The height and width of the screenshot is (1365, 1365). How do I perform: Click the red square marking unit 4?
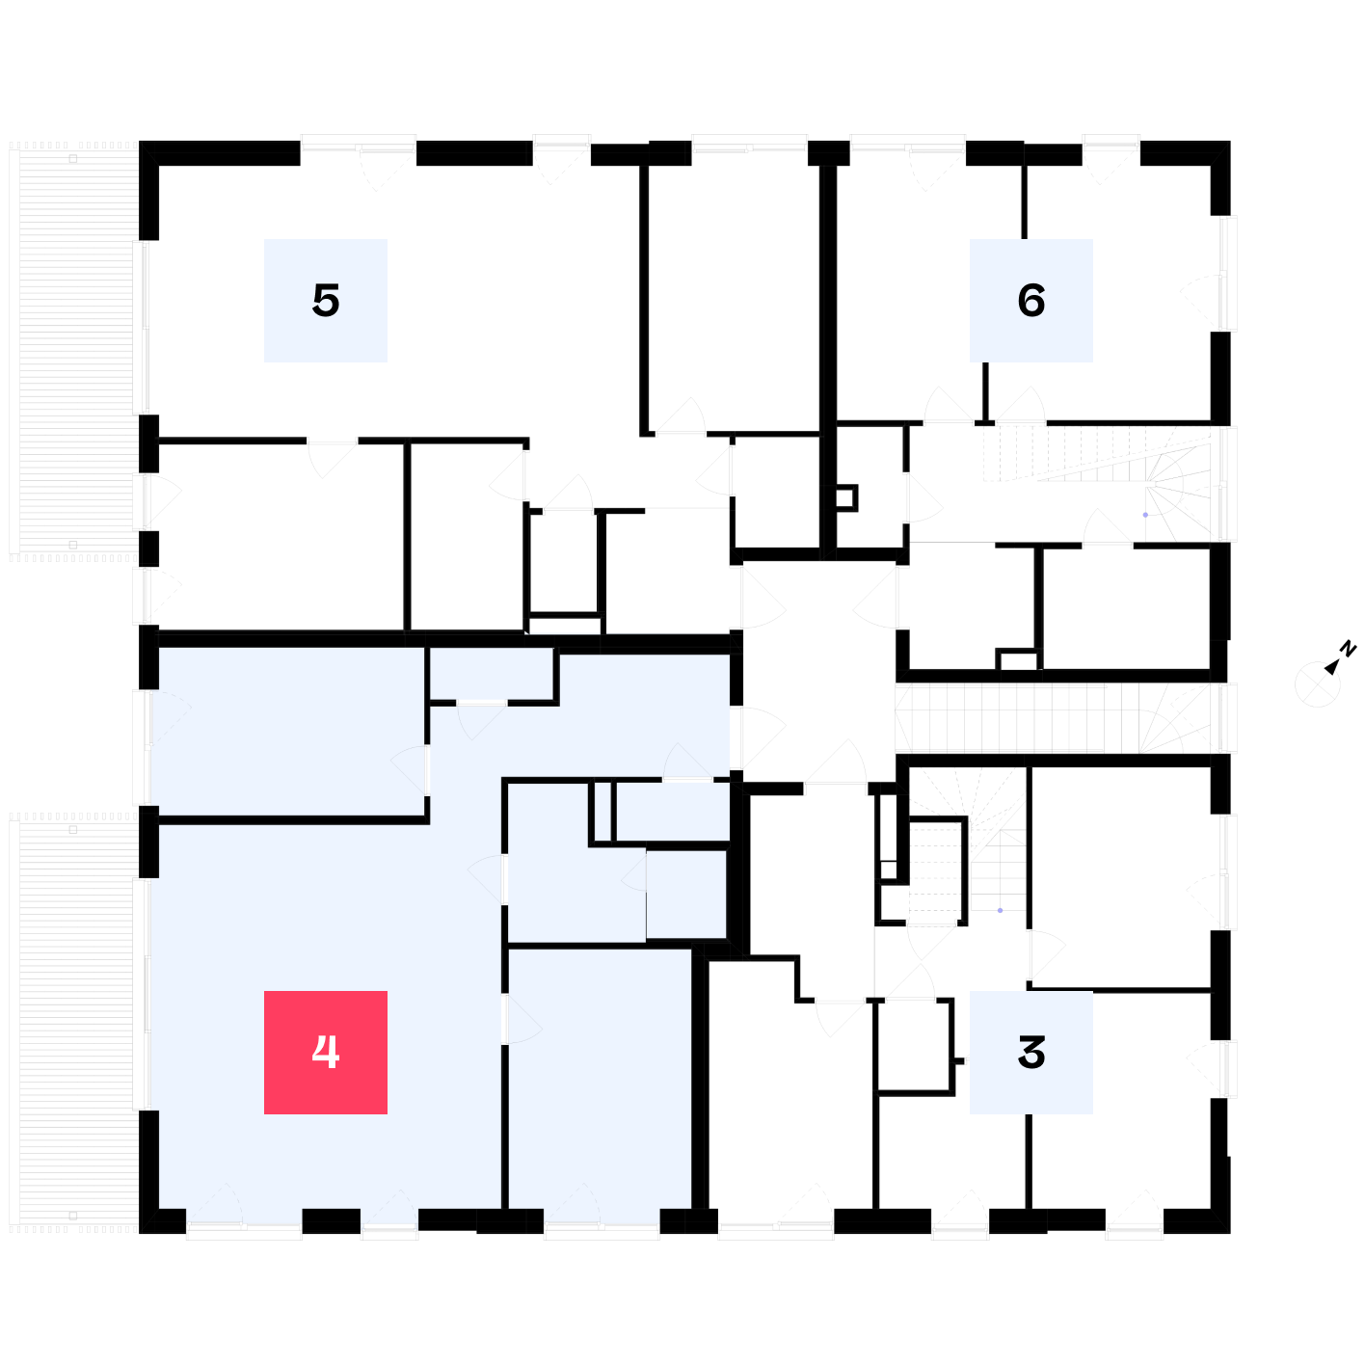(x=325, y=1052)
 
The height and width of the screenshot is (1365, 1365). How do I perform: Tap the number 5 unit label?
(x=325, y=301)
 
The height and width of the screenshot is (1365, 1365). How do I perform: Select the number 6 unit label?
(x=1030, y=301)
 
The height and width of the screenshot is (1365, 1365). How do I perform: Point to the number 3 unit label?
(x=1030, y=1052)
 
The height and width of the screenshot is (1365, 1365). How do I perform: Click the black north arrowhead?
(x=1331, y=666)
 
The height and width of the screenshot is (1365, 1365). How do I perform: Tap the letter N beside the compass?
(x=1348, y=649)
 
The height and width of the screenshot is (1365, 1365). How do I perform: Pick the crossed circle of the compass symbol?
(x=1317, y=684)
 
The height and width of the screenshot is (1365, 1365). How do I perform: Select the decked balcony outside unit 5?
(x=73, y=352)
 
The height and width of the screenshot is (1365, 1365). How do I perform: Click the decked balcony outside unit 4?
(x=73, y=1023)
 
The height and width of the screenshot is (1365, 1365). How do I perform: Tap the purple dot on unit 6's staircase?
(x=1144, y=515)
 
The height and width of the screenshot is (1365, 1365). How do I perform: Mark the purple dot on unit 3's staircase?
(x=1000, y=910)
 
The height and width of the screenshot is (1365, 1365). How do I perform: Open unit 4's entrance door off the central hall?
(x=758, y=738)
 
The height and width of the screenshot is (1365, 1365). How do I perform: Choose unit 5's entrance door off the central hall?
(x=763, y=597)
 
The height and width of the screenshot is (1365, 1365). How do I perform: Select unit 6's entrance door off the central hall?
(x=875, y=597)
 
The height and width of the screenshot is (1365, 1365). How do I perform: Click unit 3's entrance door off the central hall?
(x=836, y=761)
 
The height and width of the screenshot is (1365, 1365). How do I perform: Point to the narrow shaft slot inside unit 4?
(x=602, y=811)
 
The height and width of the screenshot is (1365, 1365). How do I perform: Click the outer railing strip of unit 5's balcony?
(x=13, y=352)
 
